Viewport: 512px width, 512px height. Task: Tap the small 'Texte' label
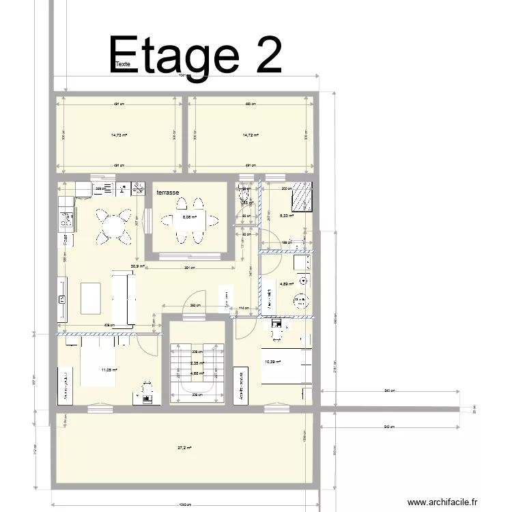click(x=123, y=64)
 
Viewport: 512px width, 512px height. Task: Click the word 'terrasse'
click(x=167, y=193)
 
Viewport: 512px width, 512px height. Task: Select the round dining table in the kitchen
click(x=114, y=226)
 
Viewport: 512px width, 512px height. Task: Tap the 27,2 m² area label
click(x=184, y=449)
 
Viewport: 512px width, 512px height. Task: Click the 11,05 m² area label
click(x=109, y=370)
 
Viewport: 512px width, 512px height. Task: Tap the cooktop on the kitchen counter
click(x=67, y=219)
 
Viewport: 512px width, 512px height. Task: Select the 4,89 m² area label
click(x=286, y=284)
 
